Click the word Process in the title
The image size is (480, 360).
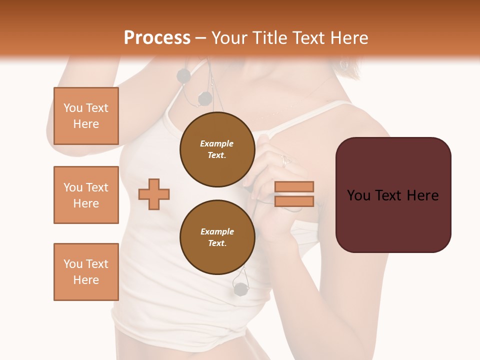tap(157, 38)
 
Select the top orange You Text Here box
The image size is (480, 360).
tap(86, 116)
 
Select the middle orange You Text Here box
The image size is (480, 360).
tap(86, 195)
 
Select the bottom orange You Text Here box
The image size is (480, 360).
tap(86, 271)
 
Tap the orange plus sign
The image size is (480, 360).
tap(154, 194)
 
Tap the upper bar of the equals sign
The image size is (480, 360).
tap(294, 186)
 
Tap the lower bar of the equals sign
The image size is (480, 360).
tap(294, 201)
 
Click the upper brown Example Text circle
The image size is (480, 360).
tap(217, 149)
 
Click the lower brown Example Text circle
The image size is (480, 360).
tap(217, 237)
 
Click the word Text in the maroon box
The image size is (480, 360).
tap(393, 195)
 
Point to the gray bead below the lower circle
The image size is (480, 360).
tap(240, 288)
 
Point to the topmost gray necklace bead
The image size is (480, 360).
tap(183, 76)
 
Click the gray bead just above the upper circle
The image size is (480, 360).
tap(205, 99)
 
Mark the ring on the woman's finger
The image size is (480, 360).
tap(285, 160)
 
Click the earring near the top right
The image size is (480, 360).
tap(343, 65)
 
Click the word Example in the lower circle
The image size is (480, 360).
tap(217, 231)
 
